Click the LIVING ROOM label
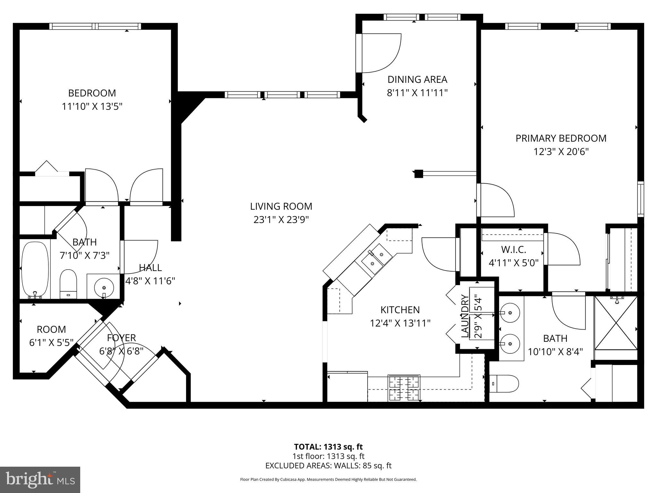click(x=281, y=206)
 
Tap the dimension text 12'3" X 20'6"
click(x=561, y=151)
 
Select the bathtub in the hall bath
click(x=35, y=270)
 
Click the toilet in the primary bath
click(x=504, y=384)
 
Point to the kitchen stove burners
click(x=404, y=388)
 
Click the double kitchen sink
click(x=376, y=259)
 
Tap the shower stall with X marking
click(x=616, y=323)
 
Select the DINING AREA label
click(x=417, y=79)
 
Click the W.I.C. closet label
click(x=513, y=249)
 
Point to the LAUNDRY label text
click(x=465, y=316)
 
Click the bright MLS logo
click(x=40, y=480)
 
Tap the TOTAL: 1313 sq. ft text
click(x=328, y=447)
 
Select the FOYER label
click(x=121, y=338)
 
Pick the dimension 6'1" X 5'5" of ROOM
click(x=51, y=343)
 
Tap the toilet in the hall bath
click(x=68, y=284)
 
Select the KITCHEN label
click(x=400, y=310)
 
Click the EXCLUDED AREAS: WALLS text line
click(x=328, y=466)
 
